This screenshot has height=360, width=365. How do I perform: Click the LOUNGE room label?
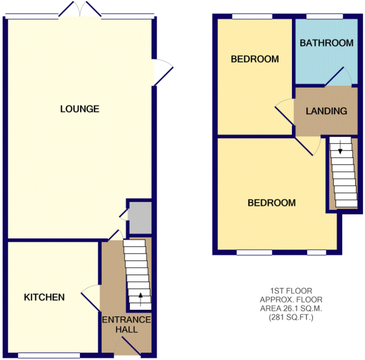(80, 109)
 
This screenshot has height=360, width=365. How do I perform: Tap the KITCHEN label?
(44, 297)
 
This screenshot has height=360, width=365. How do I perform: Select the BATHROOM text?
(327, 43)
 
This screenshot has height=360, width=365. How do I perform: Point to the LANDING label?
(326, 111)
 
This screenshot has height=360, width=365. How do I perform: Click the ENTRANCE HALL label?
(127, 324)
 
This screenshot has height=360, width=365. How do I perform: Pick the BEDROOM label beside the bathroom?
(255, 59)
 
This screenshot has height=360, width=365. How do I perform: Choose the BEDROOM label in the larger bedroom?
(272, 203)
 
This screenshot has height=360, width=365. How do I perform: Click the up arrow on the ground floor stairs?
(140, 299)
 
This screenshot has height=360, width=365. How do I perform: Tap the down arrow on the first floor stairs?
(340, 147)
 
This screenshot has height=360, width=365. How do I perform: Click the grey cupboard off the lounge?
(140, 218)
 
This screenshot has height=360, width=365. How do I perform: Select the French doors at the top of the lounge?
(80, 9)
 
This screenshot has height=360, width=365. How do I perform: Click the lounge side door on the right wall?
(163, 72)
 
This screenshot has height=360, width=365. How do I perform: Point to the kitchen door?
(91, 298)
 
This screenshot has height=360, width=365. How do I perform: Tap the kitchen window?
(49, 355)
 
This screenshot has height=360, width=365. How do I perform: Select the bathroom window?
(325, 16)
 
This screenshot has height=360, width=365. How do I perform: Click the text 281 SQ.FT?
(291, 317)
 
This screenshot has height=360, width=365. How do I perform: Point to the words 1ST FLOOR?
(291, 291)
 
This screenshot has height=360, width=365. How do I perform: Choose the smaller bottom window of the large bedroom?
(317, 252)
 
